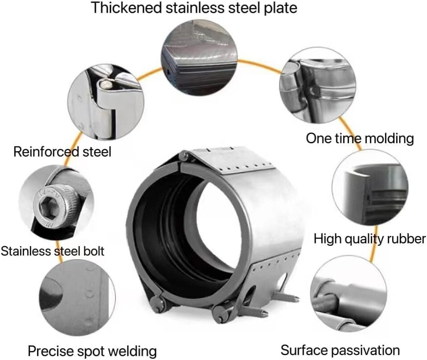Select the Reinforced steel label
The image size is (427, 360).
(62, 151)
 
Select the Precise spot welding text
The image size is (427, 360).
(92, 351)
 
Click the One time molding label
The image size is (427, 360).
(360, 138)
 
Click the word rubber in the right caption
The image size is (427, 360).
(404, 238)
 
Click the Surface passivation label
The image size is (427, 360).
(340, 349)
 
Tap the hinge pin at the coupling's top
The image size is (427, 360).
(183, 156)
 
